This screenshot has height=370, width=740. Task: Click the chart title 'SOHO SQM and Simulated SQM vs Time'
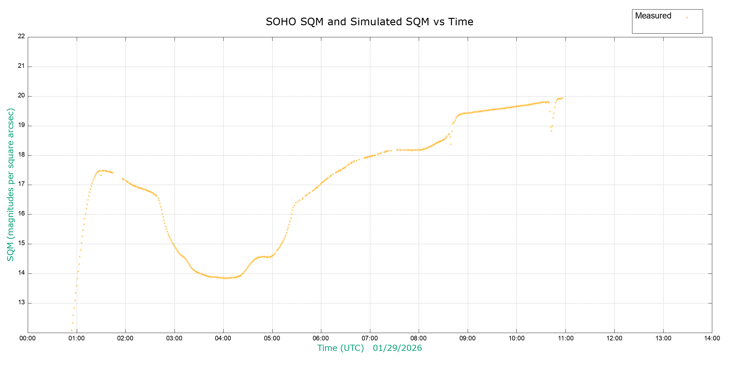pos(369,22)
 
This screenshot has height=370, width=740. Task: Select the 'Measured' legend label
pos(653,16)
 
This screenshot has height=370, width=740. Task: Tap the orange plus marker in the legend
pos(687,18)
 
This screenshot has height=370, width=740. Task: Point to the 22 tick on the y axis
pos(21,36)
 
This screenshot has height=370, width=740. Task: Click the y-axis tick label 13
pos(21,302)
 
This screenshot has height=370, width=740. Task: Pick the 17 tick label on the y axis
pos(21,184)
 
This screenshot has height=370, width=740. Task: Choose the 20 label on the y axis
pos(21,95)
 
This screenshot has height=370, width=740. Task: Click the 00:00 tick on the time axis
pos(27,338)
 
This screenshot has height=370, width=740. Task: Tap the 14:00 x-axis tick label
pos(712,338)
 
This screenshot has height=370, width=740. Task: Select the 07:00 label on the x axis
pos(370,338)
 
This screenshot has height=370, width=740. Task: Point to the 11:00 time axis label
pos(565,338)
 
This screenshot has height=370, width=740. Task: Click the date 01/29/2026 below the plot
pos(397,348)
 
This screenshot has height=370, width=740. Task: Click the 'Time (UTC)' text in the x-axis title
pos(340,348)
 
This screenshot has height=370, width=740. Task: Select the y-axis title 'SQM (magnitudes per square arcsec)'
pos(10,184)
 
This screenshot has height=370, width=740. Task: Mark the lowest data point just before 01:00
pos(72,330)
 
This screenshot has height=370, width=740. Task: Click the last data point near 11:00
pos(562,98)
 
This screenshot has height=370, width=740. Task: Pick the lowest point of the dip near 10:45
pos(551,131)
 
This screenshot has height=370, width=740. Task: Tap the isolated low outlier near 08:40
pos(451,144)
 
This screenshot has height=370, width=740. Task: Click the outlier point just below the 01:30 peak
pos(101,175)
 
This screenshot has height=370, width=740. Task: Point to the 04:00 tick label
pos(223,338)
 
